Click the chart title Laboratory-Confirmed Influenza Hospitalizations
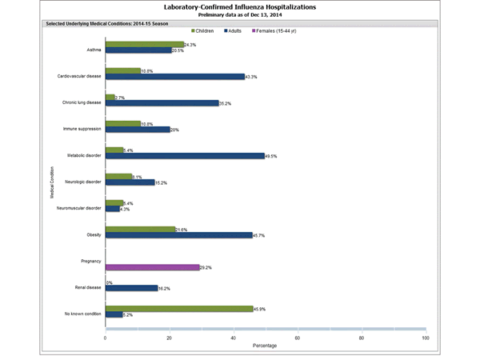(x=239, y=6)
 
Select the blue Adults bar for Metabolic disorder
(x=185, y=156)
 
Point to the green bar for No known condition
(x=179, y=308)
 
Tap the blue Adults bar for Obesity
(x=178, y=234)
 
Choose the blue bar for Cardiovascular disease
(x=174, y=77)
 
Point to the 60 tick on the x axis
(x=298, y=338)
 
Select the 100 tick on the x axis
(x=425, y=338)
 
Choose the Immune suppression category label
(x=83, y=128)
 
